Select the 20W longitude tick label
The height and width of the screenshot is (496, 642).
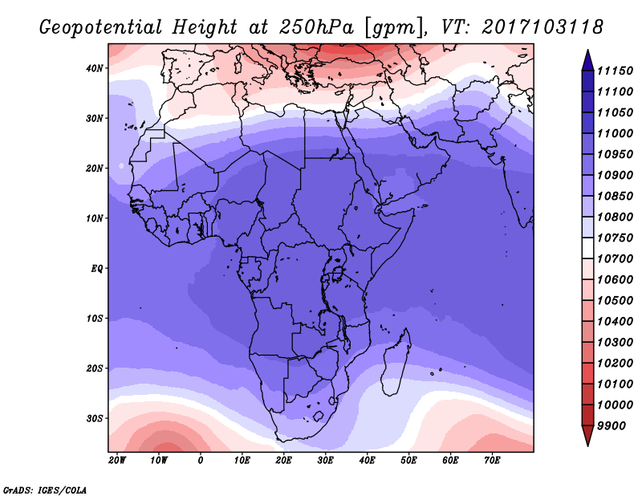point(117,460)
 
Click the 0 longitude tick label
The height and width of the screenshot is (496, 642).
point(201,460)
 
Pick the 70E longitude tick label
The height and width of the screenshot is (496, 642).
point(493,460)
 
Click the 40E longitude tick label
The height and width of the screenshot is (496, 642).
point(368,460)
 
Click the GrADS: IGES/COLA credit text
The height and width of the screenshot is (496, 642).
point(45,489)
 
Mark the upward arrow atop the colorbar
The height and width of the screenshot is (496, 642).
point(587,59)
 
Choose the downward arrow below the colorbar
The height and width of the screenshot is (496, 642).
point(587,436)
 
